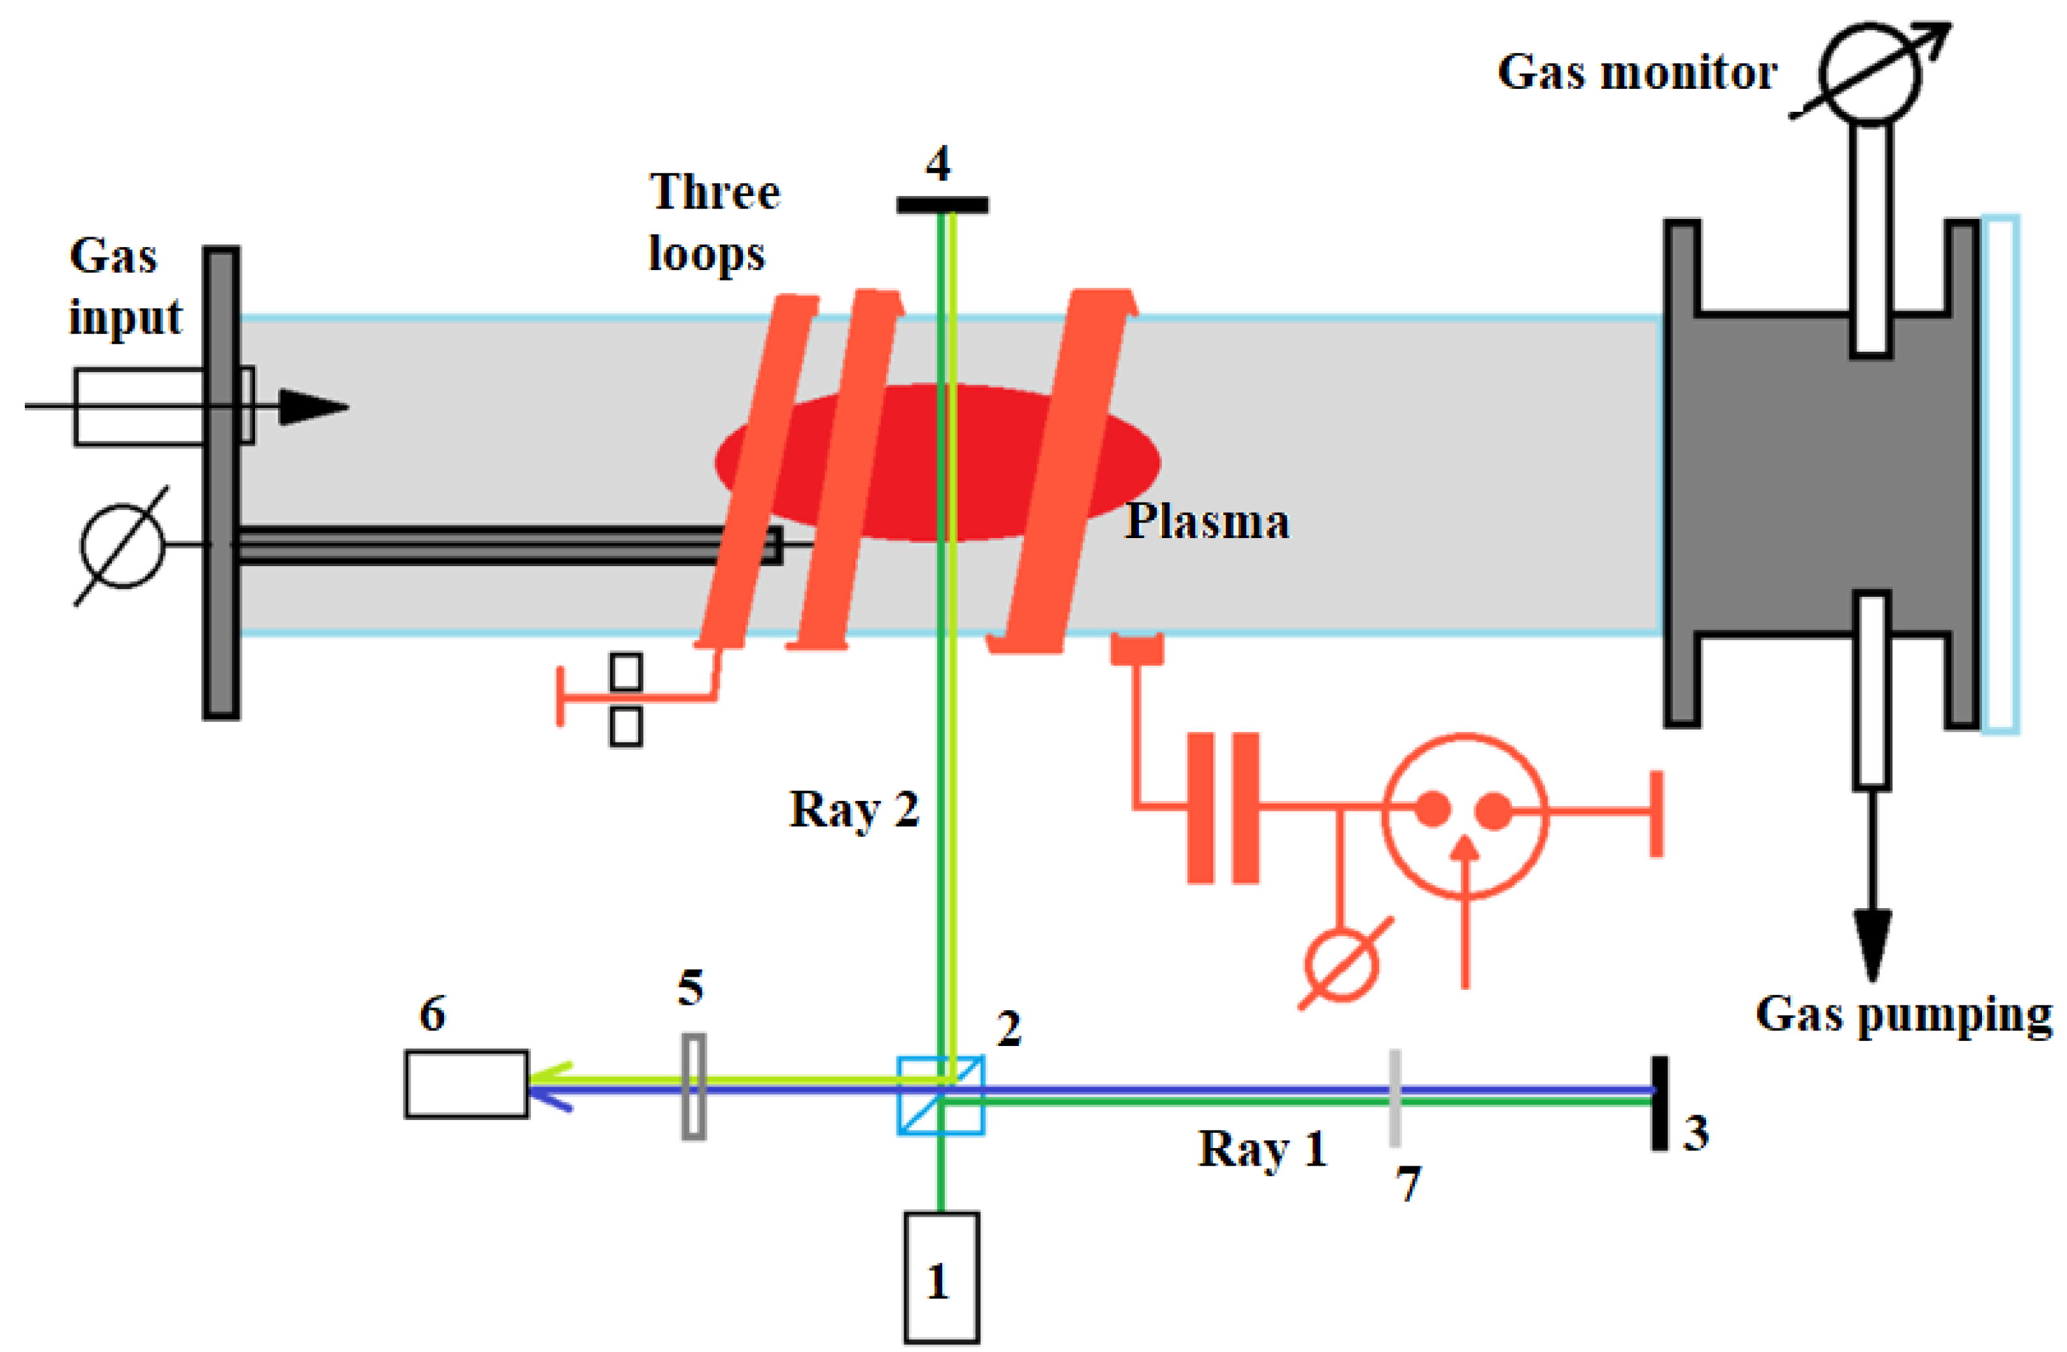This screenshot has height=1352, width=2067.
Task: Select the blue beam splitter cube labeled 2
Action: point(940,1095)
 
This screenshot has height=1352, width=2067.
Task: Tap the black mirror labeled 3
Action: point(1659,1103)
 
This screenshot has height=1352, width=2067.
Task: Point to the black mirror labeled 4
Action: point(942,205)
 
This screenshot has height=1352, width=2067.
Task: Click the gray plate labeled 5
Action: point(693,1085)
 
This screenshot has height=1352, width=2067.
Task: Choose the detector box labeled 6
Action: point(466,1084)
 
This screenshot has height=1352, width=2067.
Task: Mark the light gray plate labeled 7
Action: point(1395,1098)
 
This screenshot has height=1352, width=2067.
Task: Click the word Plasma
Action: point(1207,522)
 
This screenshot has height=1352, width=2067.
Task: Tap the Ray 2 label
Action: point(854,809)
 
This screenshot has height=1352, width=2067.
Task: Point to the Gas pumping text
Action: point(1904,1014)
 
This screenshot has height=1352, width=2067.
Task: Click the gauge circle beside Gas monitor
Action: point(1870,75)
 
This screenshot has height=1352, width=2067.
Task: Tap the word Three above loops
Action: point(715,192)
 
